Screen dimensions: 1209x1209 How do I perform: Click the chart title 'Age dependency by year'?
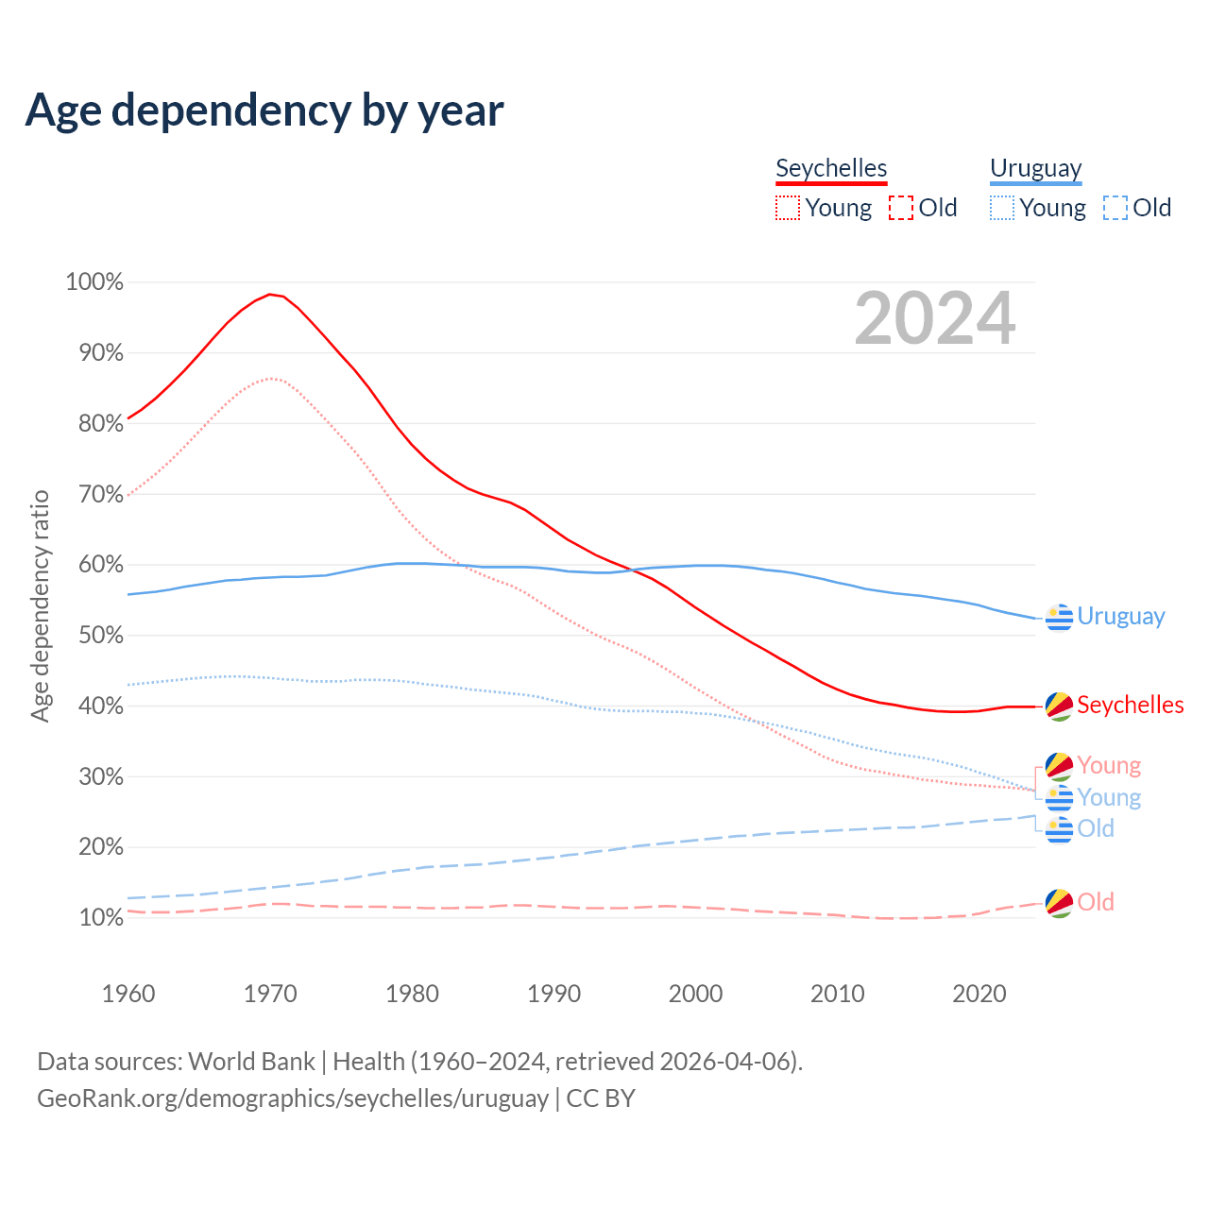click(264, 110)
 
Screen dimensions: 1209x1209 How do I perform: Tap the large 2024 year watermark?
click(935, 318)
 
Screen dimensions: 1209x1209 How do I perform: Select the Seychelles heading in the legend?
click(831, 168)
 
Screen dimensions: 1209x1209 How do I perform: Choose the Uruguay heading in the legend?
click(1035, 168)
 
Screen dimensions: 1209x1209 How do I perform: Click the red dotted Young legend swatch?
click(788, 208)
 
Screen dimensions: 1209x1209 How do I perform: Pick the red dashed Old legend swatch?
click(901, 208)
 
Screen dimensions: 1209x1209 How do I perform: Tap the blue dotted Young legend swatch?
click(1002, 208)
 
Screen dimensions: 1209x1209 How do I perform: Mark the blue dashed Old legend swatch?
click(1115, 208)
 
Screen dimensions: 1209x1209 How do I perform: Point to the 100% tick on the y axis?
click(94, 282)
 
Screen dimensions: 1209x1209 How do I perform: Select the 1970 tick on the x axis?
click(270, 994)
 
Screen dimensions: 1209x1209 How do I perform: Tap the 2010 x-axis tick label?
click(838, 994)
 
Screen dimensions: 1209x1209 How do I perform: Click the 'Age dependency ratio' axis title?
click(40, 605)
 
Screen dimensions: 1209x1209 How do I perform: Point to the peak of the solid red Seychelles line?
click(270, 295)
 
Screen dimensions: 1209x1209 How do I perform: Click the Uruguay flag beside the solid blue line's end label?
click(1060, 617)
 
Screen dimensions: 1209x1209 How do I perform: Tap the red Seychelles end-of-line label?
click(1130, 706)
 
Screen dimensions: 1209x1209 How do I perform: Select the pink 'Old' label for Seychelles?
click(1096, 902)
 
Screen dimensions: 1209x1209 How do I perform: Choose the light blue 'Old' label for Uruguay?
click(1096, 828)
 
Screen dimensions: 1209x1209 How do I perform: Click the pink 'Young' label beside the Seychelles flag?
click(1109, 765)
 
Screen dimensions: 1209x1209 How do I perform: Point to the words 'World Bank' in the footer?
click(251, 1062)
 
